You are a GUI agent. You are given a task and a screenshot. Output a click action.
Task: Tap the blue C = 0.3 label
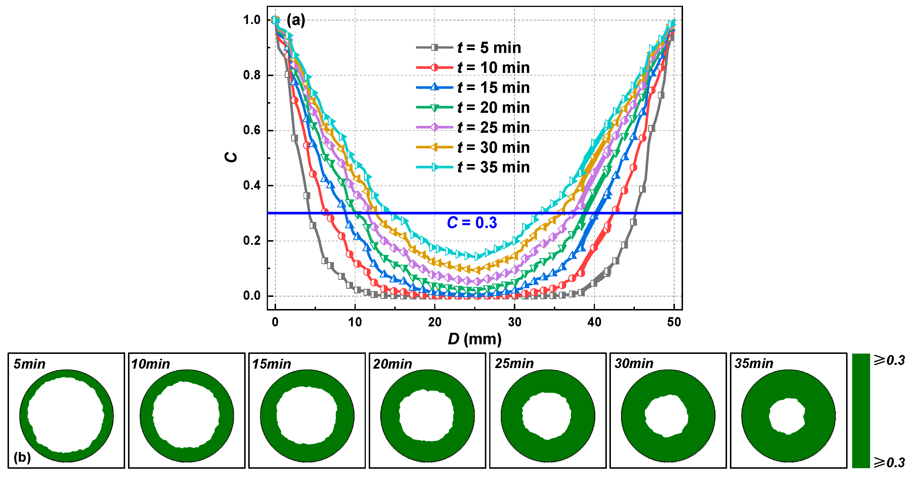click(x=472, y=223)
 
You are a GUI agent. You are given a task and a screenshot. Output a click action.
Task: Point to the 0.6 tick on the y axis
click(x=252, y=130)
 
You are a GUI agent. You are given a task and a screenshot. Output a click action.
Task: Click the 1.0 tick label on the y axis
click(x=252, y=20)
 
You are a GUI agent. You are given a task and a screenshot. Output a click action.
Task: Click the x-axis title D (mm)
click(x=474, y=339)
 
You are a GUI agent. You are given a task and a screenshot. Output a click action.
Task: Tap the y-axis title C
click(x=231, y=157)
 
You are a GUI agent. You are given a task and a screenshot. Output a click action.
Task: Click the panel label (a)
click(x=295, y=20)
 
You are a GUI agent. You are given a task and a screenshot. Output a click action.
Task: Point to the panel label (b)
click(x=22, y=457)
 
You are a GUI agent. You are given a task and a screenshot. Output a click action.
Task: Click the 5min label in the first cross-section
click(x=30, y=364)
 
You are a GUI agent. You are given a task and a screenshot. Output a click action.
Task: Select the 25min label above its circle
click(x=514, y=364)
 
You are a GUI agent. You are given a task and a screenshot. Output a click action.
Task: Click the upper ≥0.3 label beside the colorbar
click(x=889, y=361)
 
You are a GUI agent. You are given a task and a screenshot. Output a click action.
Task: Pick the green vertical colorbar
click(x=861, y=411)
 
